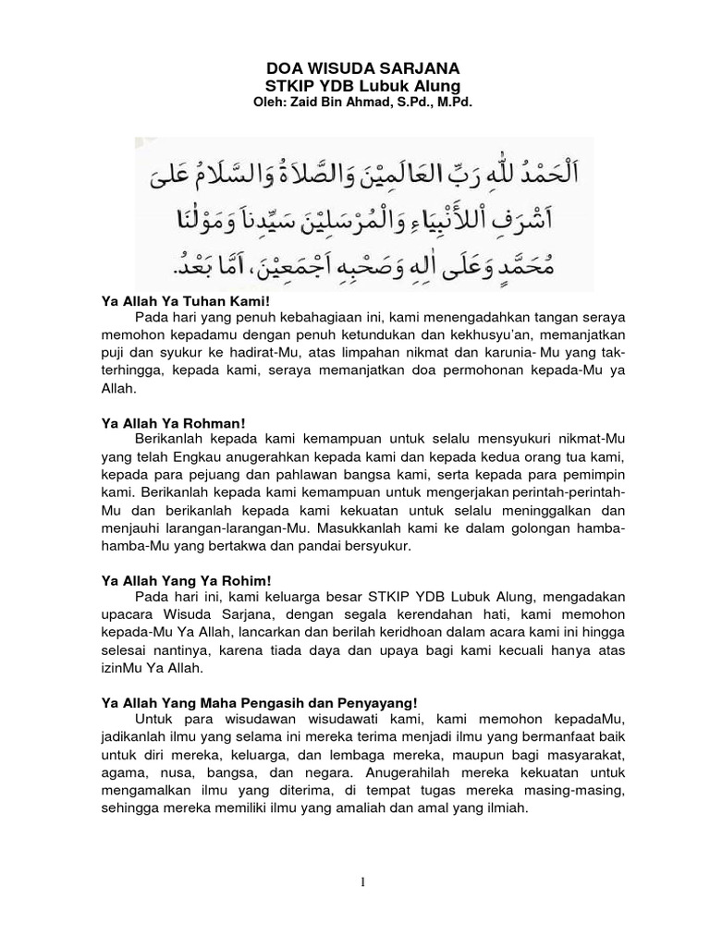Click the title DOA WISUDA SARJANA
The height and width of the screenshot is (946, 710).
point(356,68)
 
